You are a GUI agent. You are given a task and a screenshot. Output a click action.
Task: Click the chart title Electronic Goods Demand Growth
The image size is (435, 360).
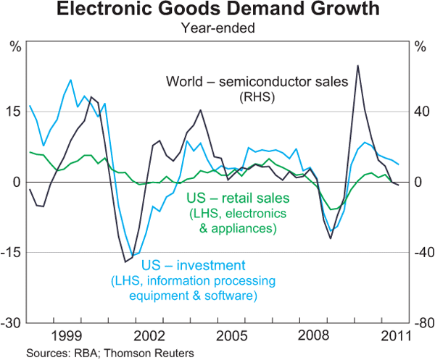217,10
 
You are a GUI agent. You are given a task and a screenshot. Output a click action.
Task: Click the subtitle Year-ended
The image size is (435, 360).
217,29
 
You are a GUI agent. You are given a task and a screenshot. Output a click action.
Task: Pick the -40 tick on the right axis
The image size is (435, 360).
420,252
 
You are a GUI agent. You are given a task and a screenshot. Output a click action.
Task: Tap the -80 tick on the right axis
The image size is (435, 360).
420,322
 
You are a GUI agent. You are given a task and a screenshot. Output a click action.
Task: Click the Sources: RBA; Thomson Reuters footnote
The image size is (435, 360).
109,353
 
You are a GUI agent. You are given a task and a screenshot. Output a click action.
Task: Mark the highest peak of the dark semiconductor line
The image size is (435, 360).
358,66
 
